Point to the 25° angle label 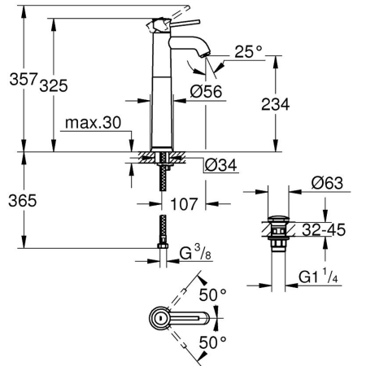pyautogui.click(x=248, y=51)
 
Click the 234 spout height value pyautogui.click(x=275, y=104)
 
